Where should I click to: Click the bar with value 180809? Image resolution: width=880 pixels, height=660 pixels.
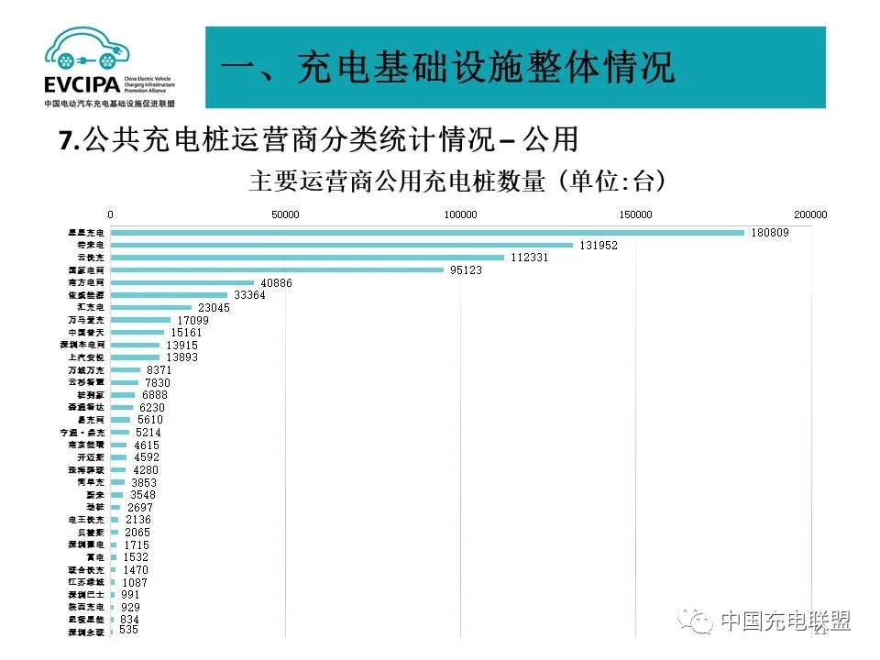427,233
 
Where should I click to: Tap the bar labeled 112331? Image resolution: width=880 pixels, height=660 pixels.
307,258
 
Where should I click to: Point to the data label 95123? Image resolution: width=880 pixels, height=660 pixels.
466,270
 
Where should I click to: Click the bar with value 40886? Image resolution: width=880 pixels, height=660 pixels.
182,283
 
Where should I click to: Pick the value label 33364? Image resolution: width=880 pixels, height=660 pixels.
250,295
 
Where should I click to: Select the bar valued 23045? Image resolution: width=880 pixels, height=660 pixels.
151,308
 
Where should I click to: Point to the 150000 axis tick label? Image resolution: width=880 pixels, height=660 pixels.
635,214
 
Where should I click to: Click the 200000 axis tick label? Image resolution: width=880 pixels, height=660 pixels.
810,214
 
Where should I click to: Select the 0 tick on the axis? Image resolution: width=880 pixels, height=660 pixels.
111,214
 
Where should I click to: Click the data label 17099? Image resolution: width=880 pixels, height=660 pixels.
192,320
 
